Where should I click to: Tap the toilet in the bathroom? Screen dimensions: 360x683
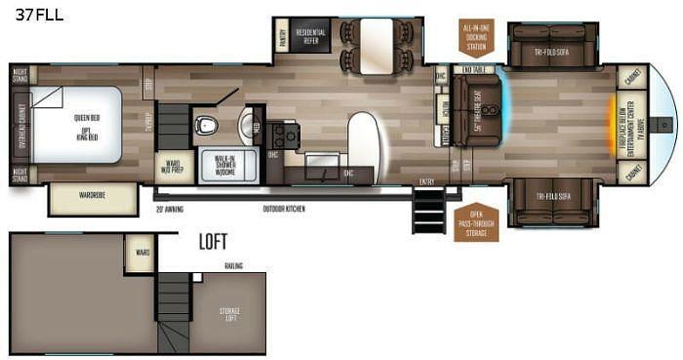coord(206,125)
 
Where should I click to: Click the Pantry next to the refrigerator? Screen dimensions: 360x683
coord(282,36)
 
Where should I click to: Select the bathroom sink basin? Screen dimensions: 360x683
coord(247,124)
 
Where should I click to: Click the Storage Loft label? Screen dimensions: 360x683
coord(228,313)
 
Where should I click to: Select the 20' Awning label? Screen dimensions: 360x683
coord(169,209)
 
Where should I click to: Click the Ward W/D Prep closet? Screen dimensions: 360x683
coord(173,167)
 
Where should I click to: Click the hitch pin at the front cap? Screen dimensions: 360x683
coord(666,124)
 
